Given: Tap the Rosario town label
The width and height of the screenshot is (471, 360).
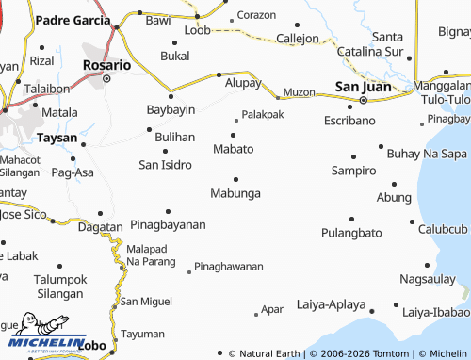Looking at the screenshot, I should coord(106,66).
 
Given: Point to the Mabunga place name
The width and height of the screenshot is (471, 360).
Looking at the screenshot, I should coord(235,193).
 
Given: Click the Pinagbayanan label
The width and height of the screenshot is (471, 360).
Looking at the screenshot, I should coord(168,225).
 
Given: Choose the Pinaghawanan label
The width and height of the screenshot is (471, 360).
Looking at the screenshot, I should coord(229,267).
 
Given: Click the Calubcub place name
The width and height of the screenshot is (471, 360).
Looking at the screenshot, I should coord(444,230).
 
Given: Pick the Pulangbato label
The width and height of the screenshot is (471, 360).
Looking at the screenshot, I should coord(351,233).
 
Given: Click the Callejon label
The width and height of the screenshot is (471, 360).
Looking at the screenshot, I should coord(298,39).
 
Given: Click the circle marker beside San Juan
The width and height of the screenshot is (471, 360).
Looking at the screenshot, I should coord(363,100).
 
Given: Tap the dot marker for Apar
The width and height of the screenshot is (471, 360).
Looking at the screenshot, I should coord(256,313).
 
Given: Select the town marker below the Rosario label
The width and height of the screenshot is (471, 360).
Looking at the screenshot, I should coord(106,78).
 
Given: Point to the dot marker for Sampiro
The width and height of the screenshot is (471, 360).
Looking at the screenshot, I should coord(353,156).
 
